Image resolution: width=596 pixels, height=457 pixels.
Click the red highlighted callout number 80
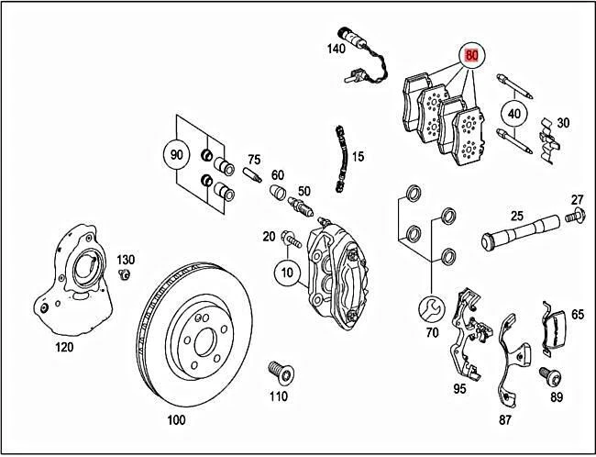click(x=472, y=55)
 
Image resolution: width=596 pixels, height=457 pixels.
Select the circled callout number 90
click(x=174, y=151)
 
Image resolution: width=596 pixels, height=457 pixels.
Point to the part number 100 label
click(x=176, y=420)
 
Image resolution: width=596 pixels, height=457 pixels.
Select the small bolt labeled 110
click(x=275, y=373)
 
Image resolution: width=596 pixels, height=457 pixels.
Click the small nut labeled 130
click(x=126, y=274)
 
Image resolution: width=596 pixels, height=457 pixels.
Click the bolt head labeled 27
click(x=575, y=219)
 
